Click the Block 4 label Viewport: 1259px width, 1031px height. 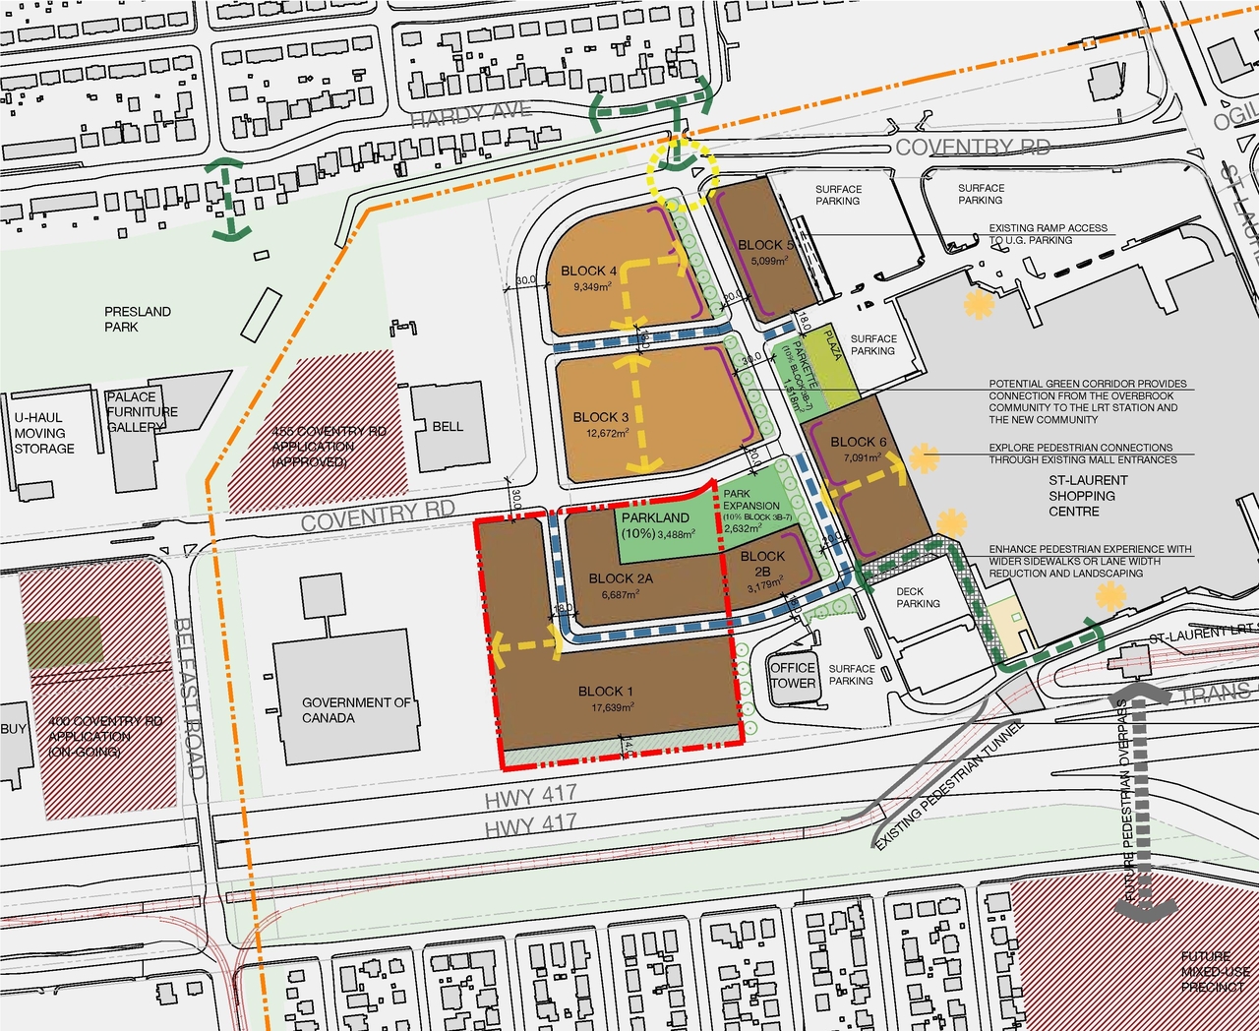pos(588,271)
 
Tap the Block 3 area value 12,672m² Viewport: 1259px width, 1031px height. pos(607,433)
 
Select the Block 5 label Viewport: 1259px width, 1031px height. pos(764,245)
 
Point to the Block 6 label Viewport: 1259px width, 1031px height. pos(858,442)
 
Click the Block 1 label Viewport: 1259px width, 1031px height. pos(605,692)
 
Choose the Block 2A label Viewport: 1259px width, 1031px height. pos(621,578)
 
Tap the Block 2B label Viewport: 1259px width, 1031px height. pos(762,564)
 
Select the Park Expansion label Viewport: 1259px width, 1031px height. pos(750,500)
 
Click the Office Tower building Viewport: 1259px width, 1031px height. pos(793,676)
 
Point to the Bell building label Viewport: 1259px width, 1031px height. pos(448,426)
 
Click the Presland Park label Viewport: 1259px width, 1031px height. pos(138,319)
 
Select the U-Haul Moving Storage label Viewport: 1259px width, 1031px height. pos(44,433)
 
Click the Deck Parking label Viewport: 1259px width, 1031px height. pos(918,598)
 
